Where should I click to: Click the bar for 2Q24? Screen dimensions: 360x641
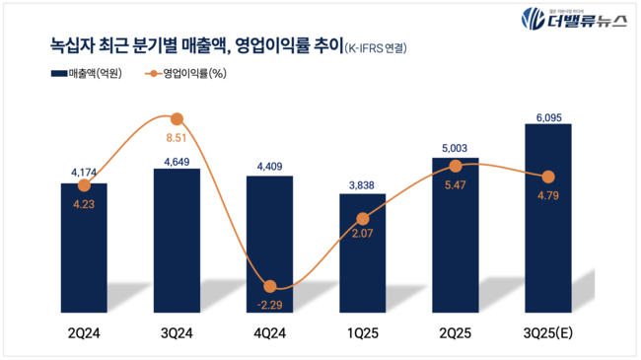84,247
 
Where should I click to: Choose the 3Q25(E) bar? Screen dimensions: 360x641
548,217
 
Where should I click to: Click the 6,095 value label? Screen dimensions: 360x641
548,115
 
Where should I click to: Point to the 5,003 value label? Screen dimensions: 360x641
456,149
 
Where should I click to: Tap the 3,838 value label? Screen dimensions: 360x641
363,184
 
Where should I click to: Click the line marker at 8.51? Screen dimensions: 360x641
178,118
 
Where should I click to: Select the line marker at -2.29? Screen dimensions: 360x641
270,284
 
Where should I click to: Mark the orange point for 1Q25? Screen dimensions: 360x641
363,219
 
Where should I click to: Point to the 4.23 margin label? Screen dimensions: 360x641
84,205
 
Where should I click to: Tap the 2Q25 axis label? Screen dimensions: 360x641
456,332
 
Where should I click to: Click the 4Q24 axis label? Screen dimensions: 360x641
269,332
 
